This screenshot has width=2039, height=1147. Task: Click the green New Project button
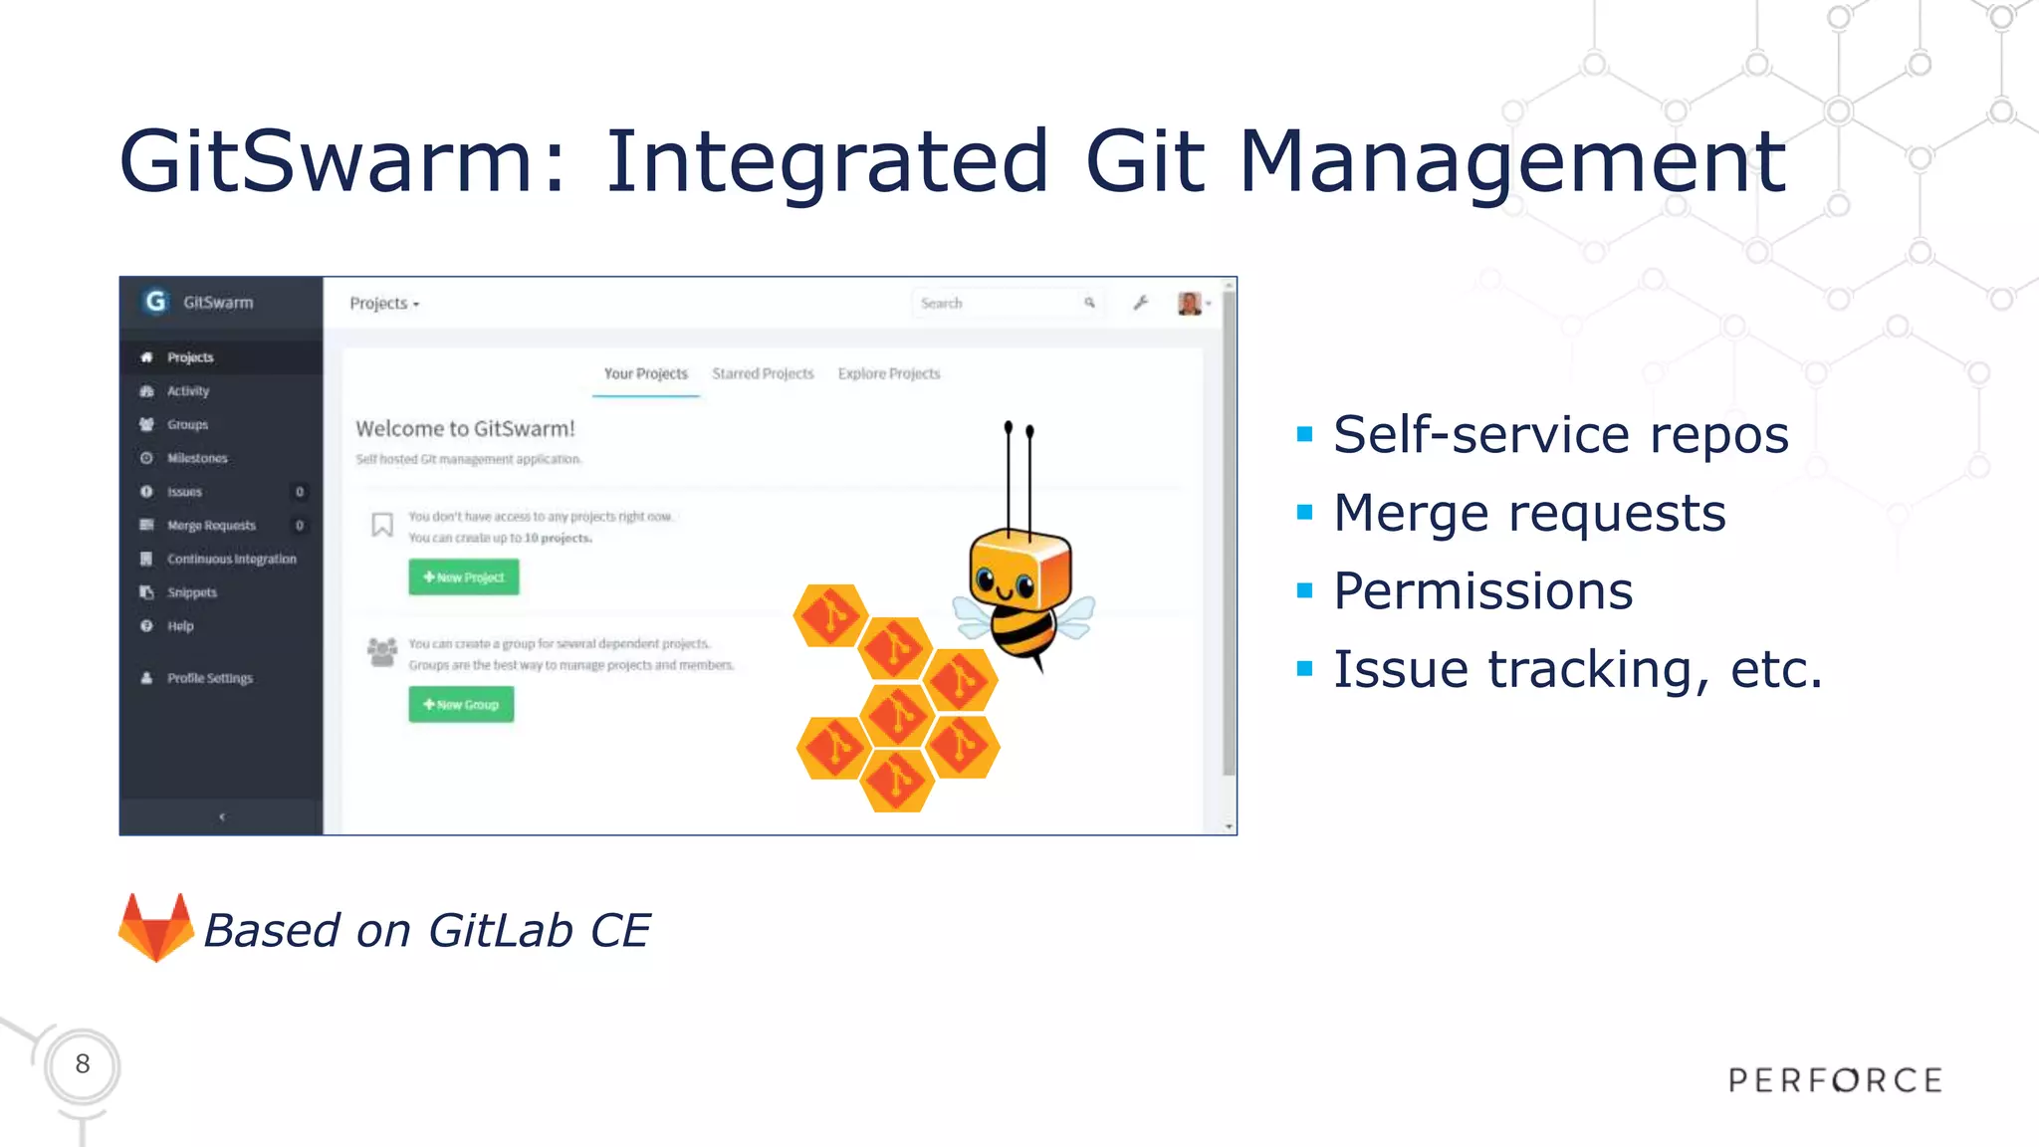point(463,577)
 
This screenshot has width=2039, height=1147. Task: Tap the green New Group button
point(461,705)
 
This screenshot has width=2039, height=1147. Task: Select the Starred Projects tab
point(763,373)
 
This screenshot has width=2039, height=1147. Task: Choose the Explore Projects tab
point(888,373)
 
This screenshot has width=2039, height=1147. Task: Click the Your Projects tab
point(645,373)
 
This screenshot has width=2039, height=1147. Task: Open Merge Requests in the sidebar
point(211,526)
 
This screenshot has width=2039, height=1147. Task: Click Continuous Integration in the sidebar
point(231,560)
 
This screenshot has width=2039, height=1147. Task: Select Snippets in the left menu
point(191,592)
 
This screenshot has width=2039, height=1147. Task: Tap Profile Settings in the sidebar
point(209,678)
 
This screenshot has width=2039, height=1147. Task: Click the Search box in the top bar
point(996,303)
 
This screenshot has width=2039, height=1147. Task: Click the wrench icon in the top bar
point(1141,303)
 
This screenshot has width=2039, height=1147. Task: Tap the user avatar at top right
point(1189,303)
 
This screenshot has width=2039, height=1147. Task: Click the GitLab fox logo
point(155,928)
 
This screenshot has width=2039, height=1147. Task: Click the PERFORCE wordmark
point(1835,1080)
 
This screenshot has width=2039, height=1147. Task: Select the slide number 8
point(83,1064)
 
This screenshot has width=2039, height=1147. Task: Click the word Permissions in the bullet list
point(1482,591)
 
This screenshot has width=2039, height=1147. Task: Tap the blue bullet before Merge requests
point(1305,513)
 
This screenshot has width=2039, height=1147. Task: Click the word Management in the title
point(1511,161)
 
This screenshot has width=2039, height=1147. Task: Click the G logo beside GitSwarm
point(155,302)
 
